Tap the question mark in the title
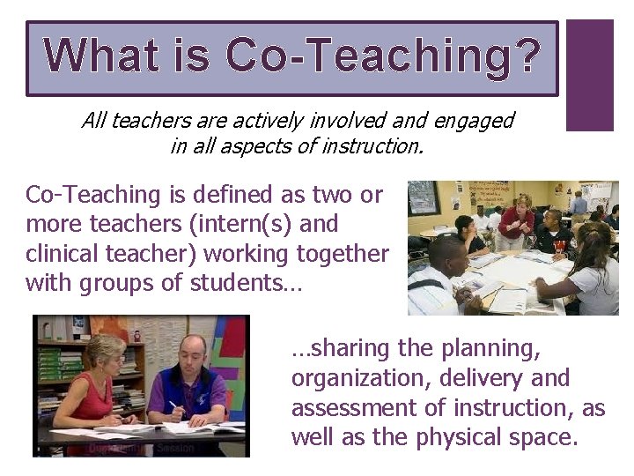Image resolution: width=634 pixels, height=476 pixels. [525, 55]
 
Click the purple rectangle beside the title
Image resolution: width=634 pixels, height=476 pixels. [589, 76]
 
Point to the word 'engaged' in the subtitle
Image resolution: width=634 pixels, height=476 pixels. [475, 120]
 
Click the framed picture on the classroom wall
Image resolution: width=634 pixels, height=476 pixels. [424, 197]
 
